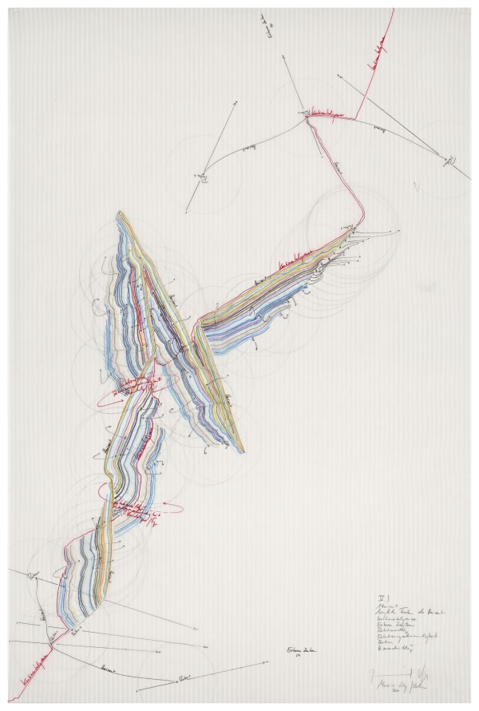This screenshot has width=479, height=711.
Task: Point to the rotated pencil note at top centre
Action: tap(265, 25)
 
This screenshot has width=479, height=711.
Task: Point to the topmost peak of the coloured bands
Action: tap(119, 213)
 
